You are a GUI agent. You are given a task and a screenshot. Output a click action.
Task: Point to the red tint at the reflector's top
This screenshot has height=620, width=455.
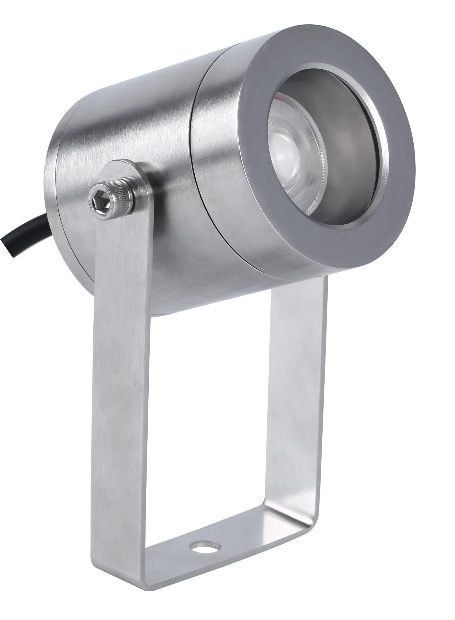coord(279,97)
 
